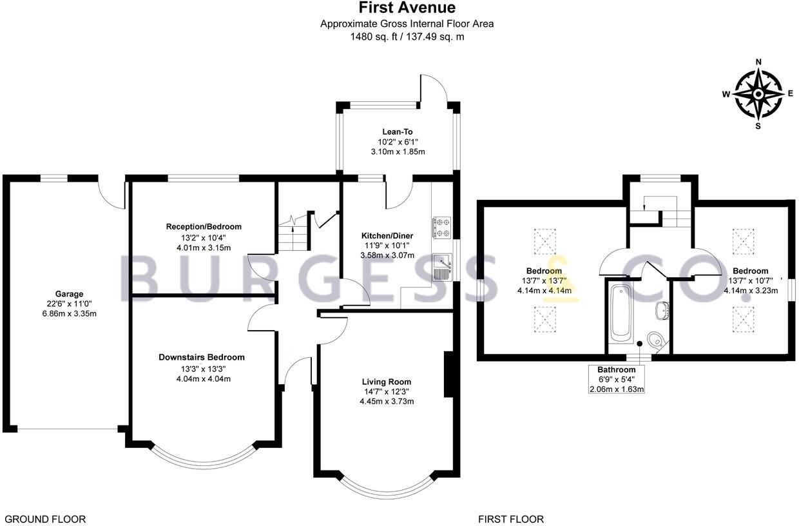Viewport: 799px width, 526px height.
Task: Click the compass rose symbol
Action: pos(758,94)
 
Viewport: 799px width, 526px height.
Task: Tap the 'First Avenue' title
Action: pos(407,8)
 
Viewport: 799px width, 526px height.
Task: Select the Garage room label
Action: pos(68,294)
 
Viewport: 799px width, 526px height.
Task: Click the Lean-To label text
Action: pos(398,131)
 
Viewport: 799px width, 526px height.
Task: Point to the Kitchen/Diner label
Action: pos(387,236)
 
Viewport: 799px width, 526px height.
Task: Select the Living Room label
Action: pos(387,382)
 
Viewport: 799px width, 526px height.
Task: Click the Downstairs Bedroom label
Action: pos(202,357)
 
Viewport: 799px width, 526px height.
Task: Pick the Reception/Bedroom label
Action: pos(204,226)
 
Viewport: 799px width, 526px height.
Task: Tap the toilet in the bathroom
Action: pos(655,339)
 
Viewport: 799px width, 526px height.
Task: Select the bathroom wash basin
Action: pos(661,311)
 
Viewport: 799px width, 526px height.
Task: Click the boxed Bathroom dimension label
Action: pos(617,379)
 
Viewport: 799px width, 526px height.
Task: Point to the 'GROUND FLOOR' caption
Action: pos(45,519)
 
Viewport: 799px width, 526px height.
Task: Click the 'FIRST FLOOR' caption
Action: pos(511,519)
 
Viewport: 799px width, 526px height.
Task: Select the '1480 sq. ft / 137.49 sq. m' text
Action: pos(407,37)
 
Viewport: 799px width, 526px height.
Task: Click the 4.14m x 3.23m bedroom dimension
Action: pos(751,290)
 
